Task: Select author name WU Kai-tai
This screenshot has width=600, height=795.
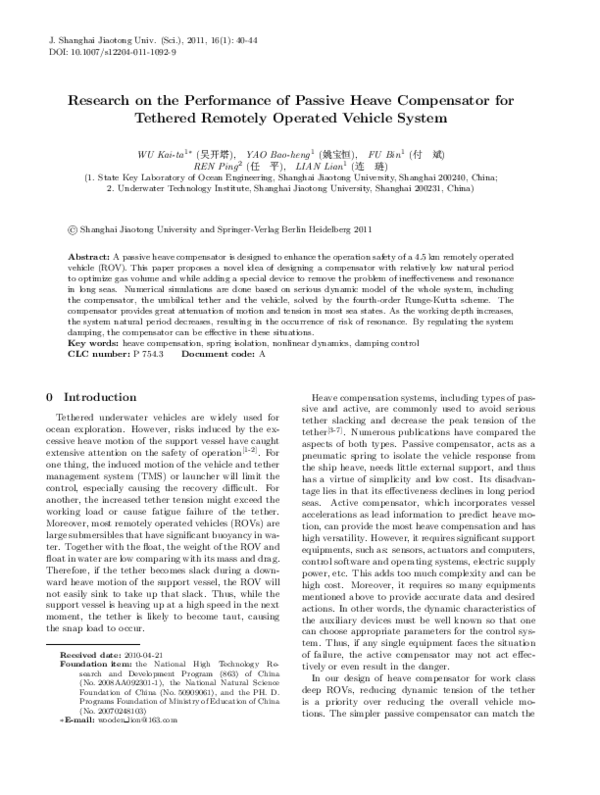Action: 163,156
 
